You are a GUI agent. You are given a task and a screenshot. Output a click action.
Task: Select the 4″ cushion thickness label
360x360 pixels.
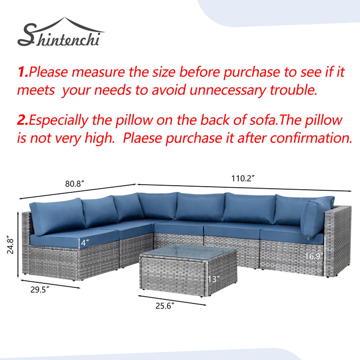click(x=85, y=242)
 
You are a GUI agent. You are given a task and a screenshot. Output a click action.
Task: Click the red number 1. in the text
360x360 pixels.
click(x=23, y=71)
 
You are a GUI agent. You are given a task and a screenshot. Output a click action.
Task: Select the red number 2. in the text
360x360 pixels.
click(x=23, y=120)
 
